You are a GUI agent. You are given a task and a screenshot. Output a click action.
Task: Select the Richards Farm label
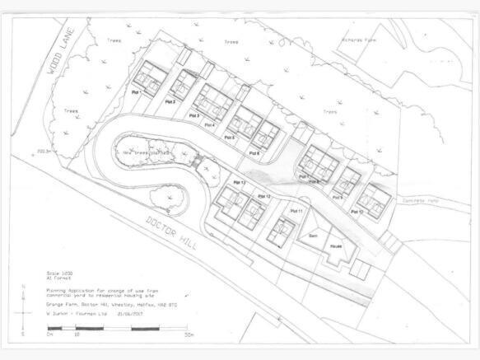click(363, 37)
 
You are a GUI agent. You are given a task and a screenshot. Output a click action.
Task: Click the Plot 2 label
click(169, 101)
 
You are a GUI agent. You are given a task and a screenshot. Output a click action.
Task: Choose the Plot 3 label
click(194, 115)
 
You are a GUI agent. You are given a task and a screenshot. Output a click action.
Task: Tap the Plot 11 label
click(296, 212)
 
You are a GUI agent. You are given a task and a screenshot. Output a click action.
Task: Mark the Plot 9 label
click(337, 198)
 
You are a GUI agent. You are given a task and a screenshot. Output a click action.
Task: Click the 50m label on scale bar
click(189, 334)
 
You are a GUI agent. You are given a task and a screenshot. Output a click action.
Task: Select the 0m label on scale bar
click(49, 334)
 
